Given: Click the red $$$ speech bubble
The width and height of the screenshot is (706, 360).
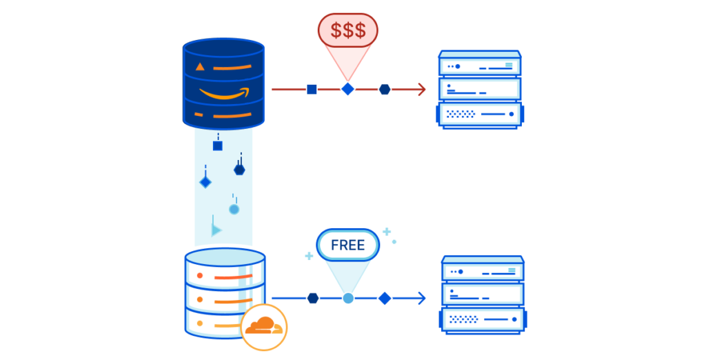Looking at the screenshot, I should (347, 30).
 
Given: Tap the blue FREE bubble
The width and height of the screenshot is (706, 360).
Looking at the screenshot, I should (347, 245).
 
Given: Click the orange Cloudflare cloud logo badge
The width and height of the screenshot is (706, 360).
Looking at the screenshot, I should (263, 326).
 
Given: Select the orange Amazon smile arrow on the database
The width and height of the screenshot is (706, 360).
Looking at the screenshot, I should (224, 93).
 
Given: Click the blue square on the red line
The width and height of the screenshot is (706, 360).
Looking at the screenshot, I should (312, 89).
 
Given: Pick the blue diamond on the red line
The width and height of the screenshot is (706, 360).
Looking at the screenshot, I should (348, 89).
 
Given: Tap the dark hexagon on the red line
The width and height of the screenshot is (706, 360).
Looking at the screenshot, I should (385, 89).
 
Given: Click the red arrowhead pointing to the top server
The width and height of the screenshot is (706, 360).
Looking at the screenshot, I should (420, 89).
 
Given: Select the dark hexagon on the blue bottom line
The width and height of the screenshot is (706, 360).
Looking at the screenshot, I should (313, 298).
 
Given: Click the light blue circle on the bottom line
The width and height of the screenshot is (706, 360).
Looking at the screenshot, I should (348, 298).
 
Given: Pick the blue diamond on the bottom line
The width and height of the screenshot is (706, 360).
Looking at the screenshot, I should (385, 298).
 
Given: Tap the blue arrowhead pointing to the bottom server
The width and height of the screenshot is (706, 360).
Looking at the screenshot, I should (420, 298).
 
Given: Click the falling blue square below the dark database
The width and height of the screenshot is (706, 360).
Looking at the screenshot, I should (218, 146).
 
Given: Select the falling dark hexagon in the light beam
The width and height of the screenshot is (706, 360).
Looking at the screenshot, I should (239, 170).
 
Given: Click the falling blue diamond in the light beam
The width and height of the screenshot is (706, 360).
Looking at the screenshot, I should (205, 182).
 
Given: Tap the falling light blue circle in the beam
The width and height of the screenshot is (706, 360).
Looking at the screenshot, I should (234, 209).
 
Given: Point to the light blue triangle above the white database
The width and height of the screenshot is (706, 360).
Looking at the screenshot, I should (216, 230).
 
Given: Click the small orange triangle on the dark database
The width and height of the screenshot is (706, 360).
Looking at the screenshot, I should (200, 67).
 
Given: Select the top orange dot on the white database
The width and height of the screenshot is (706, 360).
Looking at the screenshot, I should (200, 275).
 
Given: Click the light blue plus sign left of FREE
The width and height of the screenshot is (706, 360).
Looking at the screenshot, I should (309, 256).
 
